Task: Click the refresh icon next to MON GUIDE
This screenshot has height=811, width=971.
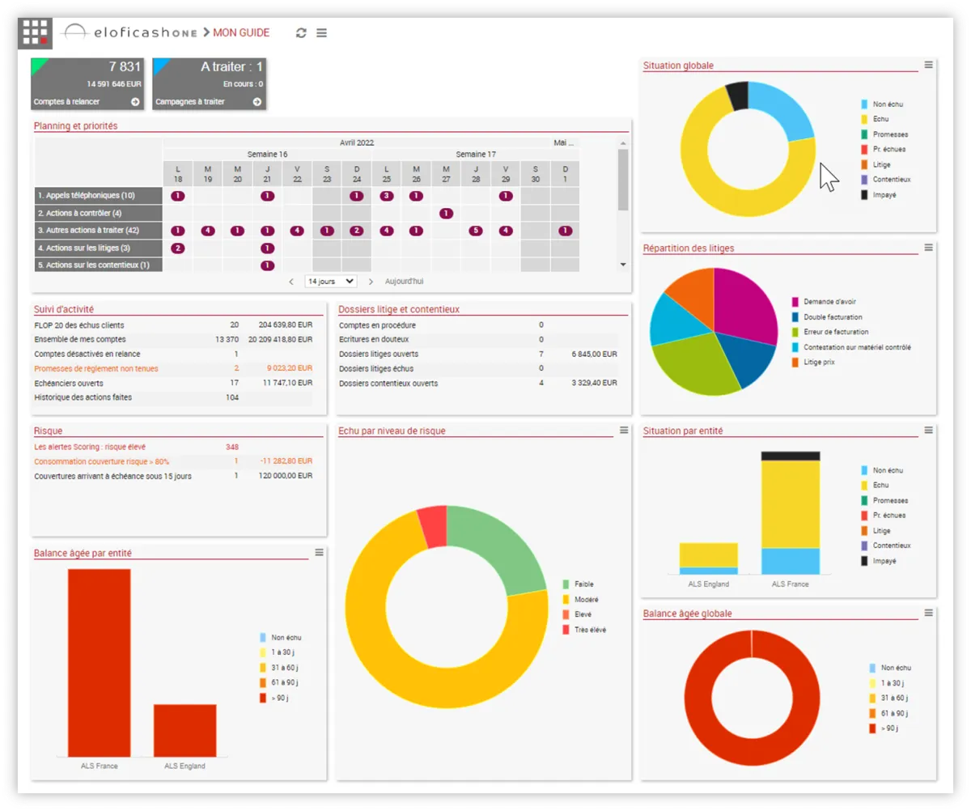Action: (301, 33)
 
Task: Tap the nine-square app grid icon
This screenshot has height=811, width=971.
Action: (35, 32)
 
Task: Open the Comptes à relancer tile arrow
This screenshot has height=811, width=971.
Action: (135, 102)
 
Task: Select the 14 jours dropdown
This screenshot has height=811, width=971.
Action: (330, 281)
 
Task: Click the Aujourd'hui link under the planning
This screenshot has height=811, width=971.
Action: (404, 282)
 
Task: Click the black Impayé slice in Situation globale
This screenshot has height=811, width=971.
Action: (738, 96)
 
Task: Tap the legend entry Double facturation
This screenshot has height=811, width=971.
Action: (833, 317)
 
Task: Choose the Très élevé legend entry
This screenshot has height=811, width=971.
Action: (590, 630)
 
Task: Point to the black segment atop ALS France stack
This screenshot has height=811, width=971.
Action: (790, 456)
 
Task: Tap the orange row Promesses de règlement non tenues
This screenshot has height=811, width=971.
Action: (96, 369)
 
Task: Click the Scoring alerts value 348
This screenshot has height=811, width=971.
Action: (232, 447)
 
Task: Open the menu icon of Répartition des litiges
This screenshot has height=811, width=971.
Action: (929, 248)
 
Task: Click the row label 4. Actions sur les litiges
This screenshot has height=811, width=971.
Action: (83, 248)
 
